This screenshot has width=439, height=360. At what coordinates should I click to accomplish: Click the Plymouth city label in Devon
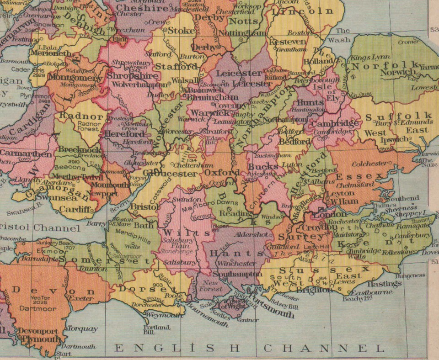[x=41, y=339]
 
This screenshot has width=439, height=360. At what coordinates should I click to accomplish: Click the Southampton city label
[x=236, y=274]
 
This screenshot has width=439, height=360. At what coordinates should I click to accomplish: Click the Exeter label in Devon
[x=81, y=298]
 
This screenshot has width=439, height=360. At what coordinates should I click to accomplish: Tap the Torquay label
[x=82, y=328]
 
